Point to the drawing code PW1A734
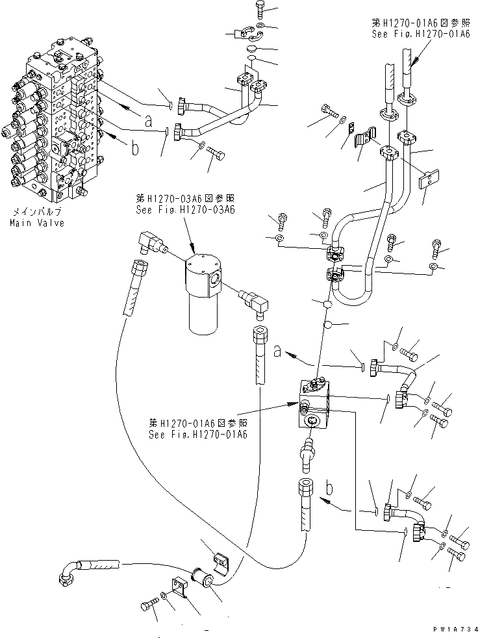click(455, 630)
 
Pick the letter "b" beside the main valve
click(135, 148)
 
